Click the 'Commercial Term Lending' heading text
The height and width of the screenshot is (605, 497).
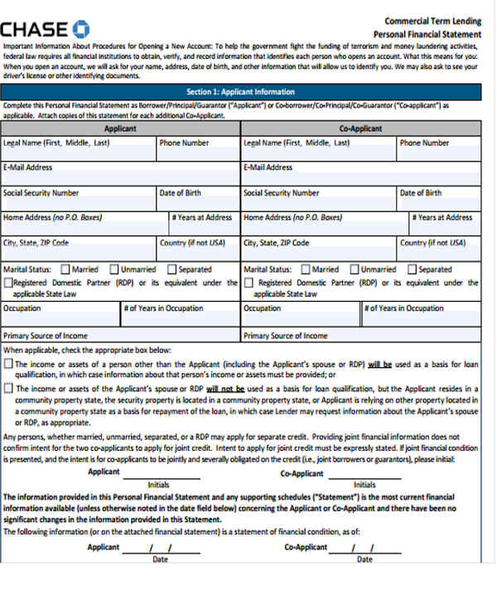click(x=432, y=22)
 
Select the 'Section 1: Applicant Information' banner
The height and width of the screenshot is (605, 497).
click(x=240, y=92)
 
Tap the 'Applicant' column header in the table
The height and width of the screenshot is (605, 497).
click(x=120, y=128)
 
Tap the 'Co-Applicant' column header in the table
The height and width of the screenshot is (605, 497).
click(x=360, y=128)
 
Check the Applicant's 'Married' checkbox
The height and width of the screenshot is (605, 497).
click(x=65, y=269)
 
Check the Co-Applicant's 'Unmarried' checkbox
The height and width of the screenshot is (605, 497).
click(x=354, y=269)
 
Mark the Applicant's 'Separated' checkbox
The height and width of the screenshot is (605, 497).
click(x=171, y=269)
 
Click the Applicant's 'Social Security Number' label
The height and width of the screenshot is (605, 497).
click(x=41, y=193)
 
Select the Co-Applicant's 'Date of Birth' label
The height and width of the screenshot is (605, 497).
click(x=420, y=193)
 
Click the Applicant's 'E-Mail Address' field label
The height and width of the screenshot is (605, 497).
click(x=28, y=167)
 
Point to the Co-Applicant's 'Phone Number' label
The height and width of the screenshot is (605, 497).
click(x=424, y=143)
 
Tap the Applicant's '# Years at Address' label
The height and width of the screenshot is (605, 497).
click(x=202, y=218)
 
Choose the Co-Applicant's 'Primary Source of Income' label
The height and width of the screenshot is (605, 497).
click(x=285, y=336)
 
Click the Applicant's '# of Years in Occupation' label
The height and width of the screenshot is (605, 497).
click(x=163, y=308)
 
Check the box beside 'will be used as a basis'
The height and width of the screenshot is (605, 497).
click(x=8, y=364)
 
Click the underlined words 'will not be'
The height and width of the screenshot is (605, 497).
click(x=224, y=388)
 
